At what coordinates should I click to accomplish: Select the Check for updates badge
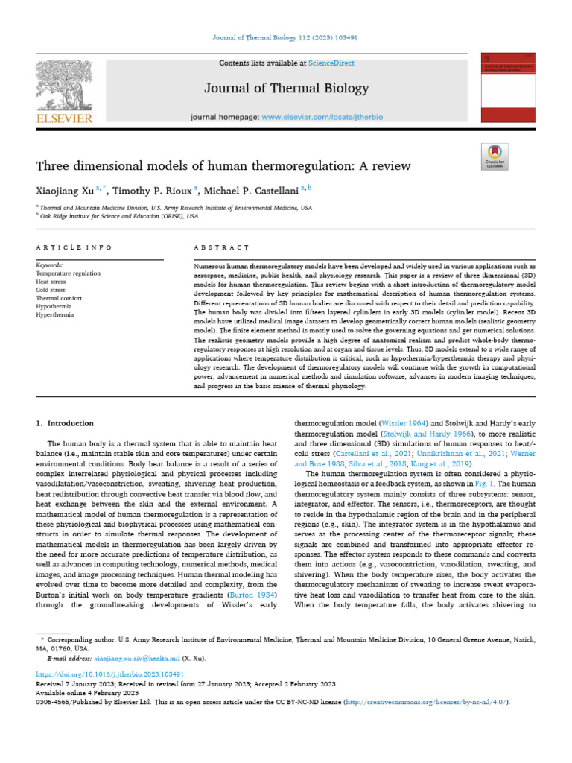click(495, 158)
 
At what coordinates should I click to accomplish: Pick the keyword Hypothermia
click(54, 307)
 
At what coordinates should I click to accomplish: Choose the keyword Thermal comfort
click(59, 299)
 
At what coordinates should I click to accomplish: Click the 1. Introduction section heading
click(66, 423)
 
